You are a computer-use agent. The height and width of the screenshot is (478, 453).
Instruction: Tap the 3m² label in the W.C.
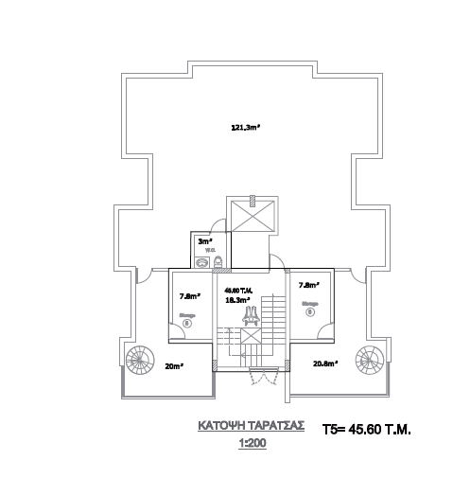click(202, 241)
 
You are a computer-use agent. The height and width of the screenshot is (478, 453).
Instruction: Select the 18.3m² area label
click(236, 299)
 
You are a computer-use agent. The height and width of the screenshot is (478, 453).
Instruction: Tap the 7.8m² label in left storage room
click(188, 294)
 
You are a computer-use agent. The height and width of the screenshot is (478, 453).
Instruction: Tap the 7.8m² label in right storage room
click(307, 285)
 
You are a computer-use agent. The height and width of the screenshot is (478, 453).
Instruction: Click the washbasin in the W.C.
click(201, 261)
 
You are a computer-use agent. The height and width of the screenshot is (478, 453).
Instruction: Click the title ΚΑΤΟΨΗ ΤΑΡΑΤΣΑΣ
click(251, 426)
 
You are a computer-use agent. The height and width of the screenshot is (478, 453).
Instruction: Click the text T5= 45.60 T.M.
click(367, 429)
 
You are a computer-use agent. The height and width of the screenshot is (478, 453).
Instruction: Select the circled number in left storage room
click(187, 323)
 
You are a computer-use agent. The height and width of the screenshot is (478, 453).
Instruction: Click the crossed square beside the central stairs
click(253, 335)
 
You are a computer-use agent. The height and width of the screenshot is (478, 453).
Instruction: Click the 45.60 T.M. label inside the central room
click(236, 290)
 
